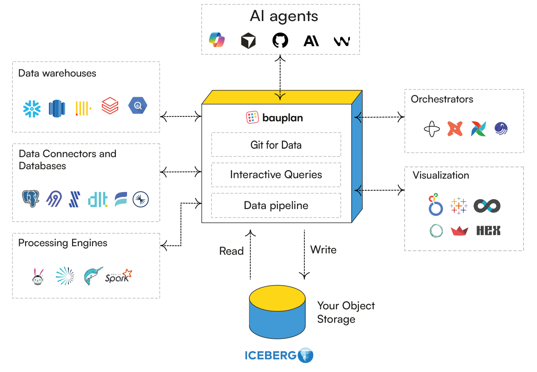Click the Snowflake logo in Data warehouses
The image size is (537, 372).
point(32,108)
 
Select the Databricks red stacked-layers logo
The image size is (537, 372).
point(110,106)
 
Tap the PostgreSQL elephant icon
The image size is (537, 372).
point(30,199)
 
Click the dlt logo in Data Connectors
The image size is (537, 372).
point(98,199)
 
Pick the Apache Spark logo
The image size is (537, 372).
point(119,276)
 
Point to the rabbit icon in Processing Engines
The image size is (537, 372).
point(38,276)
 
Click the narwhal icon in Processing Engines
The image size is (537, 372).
point(93,276)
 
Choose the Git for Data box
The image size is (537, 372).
point(276,145)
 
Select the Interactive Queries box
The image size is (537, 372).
point(276,175)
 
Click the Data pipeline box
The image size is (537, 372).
point(276,205)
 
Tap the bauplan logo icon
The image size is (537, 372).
point(253,118)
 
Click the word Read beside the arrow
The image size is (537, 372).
point(231,251)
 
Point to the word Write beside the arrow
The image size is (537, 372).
point(323,249)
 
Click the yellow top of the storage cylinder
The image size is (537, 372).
point(277,297)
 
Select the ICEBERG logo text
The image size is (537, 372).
point(270,356)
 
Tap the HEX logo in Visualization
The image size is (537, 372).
point(488,231)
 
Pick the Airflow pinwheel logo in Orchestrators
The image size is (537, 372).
point(478,129)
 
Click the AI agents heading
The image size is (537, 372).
point(284,17)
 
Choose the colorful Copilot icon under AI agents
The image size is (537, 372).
point(217,40)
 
